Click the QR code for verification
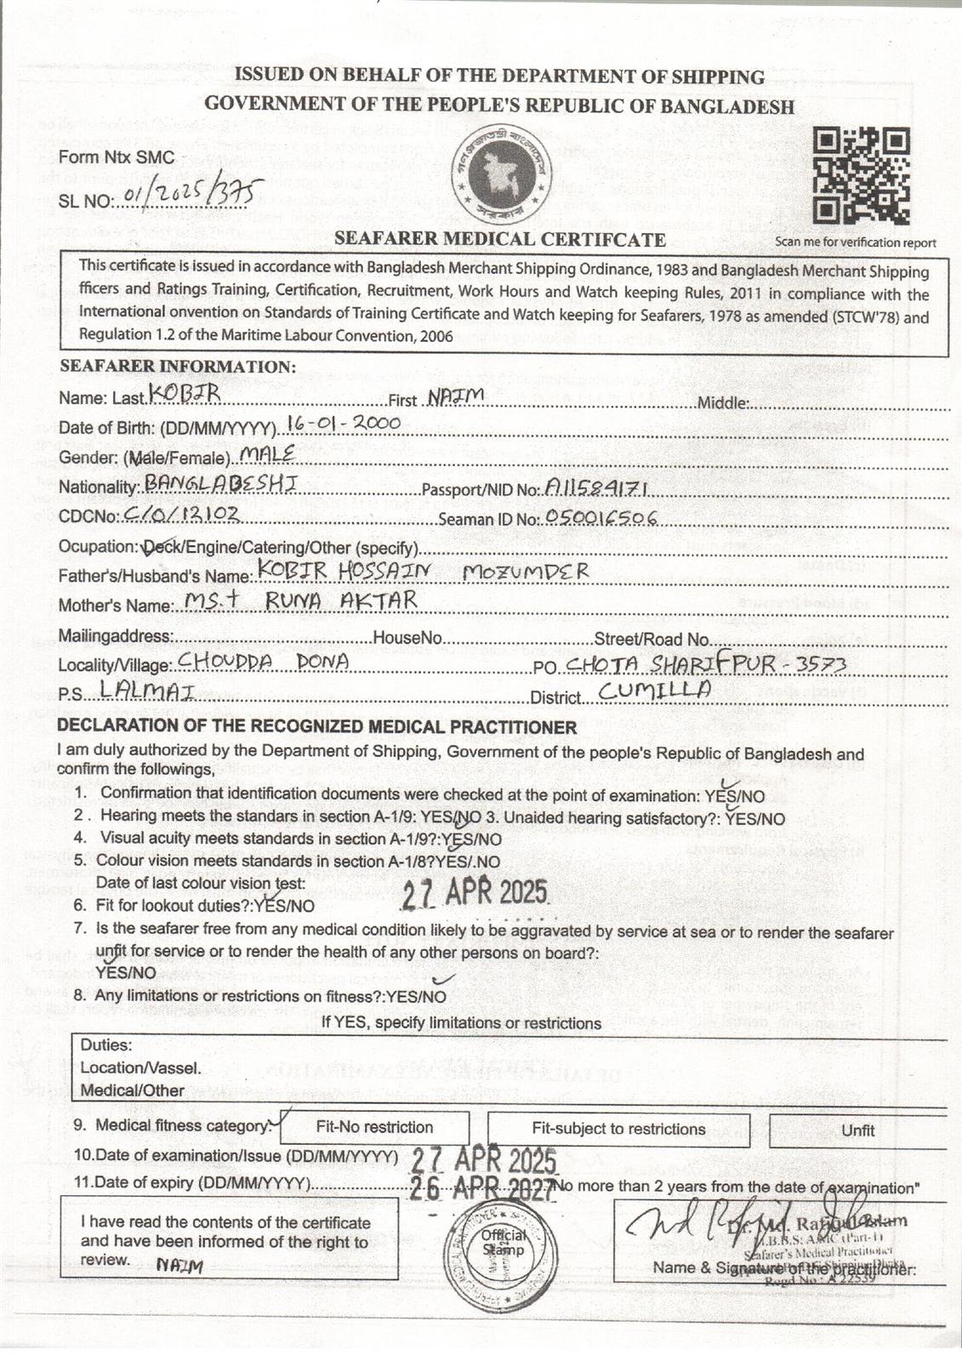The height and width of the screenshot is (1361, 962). pos(861,176)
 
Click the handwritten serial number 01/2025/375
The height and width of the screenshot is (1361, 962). pos(193,193)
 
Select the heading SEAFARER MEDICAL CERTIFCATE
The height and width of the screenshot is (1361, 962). pos(500,239)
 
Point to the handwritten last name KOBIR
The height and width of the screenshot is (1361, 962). pos(185,393)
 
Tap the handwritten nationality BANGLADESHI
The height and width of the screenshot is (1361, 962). pos(220,483)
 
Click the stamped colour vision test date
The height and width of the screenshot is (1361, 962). pos(475,893)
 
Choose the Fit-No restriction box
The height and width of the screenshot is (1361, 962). pos(374,1128)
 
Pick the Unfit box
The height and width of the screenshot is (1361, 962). pos(857,1130)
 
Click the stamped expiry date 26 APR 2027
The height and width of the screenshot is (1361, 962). pos(482,1189)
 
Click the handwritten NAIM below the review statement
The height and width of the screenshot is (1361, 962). pos(179,1266)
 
